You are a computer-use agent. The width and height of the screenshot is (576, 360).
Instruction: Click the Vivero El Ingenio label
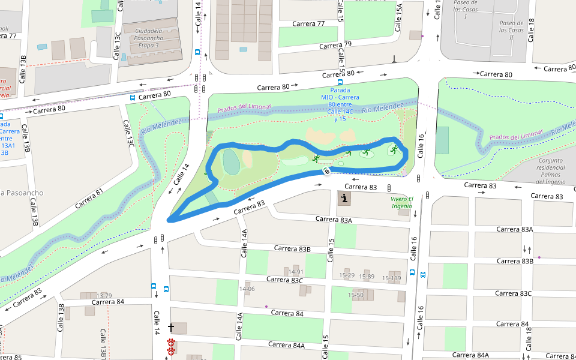[x=401, y=202]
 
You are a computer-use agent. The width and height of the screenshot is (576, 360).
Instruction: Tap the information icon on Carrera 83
[x=344, y=199]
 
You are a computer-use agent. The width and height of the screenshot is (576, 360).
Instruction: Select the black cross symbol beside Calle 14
[x=171, y=328]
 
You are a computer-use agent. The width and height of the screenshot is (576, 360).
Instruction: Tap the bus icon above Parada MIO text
[x=340, y=82]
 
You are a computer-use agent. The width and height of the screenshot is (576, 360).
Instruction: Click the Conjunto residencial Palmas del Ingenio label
[x=551, y=171]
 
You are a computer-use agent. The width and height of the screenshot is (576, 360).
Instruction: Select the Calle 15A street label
[x=399, y=13]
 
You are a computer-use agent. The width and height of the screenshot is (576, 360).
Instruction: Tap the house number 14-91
[x=296, y=272]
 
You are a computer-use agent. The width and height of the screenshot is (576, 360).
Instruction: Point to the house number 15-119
[x=387, y=277]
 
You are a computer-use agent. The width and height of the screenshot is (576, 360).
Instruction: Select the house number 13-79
[x=104, y=296]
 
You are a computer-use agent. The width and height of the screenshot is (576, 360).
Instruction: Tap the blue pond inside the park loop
[x=230, y=161]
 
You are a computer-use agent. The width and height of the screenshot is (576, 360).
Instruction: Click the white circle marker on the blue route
[x=326, y=172]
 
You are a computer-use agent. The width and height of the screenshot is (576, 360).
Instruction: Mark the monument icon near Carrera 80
[x=394, y=59]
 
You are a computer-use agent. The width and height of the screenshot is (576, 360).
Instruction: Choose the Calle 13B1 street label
[x=103, y=344]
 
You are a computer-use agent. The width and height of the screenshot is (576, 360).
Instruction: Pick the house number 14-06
[x=247, y=289]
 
